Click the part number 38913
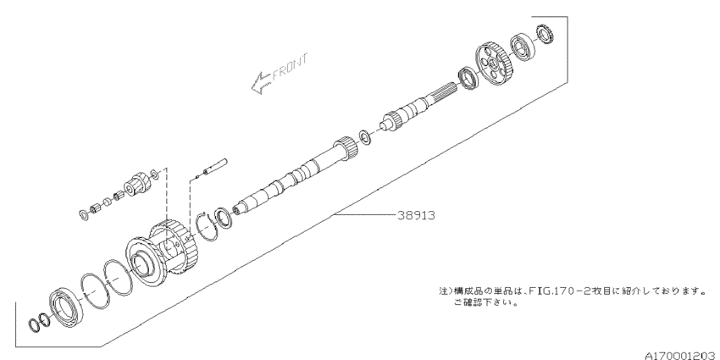416,215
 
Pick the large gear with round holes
493,64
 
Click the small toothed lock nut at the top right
546,35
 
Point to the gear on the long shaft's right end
346,148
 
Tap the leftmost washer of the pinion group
84,214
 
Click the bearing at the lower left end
67,307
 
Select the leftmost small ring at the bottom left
35,324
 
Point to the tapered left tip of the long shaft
237,209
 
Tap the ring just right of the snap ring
224,217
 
